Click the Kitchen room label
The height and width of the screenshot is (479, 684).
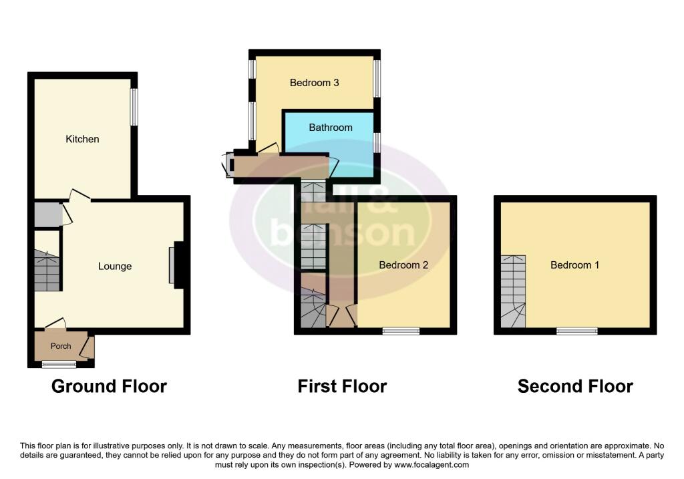pyautogui.click(x=82, y=139)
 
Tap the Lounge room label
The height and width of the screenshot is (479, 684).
pyautogui.click(x=115, y=266)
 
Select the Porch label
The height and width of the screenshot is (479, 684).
pyautogui.click(x=61, y=346)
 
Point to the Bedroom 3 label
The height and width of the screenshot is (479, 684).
pyautogui.click(x=315, y=83)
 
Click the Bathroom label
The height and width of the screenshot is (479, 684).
pyautogui.click(x=331, y=127)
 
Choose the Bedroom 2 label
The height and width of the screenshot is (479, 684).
pyautogui.click(x=403, y=265)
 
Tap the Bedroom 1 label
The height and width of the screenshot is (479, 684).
pyautogui.click(x=574, y=265)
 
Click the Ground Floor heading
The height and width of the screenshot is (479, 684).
pyautogui.click(x=109, y=386)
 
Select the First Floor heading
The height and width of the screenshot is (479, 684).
pyautogui.click(x=342, y=386)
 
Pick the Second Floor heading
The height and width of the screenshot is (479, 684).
pyautogui.click(x=575, y=386)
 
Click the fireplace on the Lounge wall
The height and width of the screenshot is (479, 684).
pyautogui.click(x=177, y=265)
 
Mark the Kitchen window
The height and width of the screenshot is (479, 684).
pyautogui.click(x=134, y=107)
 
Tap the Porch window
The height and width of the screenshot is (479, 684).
pyautogui.click(x=59, y=364)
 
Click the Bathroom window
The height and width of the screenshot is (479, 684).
pyautogui.click(x=377, y=142)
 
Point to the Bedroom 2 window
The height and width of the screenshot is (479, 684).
pyautogui.click(x=401, y=331)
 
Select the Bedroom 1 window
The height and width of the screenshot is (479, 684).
pyautogui.click(x=577, y=331)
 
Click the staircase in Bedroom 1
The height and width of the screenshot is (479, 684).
pyautogui.click(x=513, y=292)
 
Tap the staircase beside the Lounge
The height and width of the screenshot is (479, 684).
pyautogui.click(x=47, y=271)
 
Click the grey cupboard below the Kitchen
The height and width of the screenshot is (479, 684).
pyautogui.click(x=47, y=215)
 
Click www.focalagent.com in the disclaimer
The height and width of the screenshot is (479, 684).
pyautogui.click(x=432, y=465)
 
